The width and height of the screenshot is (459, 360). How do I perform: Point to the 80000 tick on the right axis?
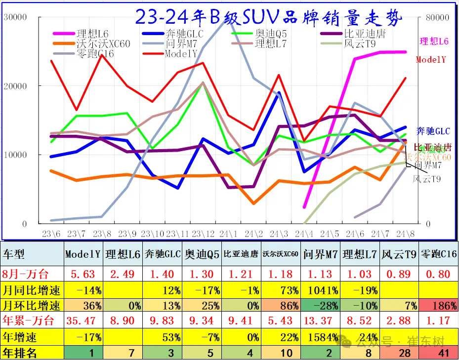[437, 17]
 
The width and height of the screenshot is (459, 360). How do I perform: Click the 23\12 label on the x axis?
[202, 233]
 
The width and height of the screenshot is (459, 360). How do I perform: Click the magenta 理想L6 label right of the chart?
[434, 41]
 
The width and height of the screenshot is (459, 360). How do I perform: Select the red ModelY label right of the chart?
[431, 59]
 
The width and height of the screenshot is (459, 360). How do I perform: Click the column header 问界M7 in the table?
[320, 254]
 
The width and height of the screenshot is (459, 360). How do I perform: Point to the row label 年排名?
[21, 353]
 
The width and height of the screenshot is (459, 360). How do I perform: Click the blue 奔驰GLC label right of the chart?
[433, 131]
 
